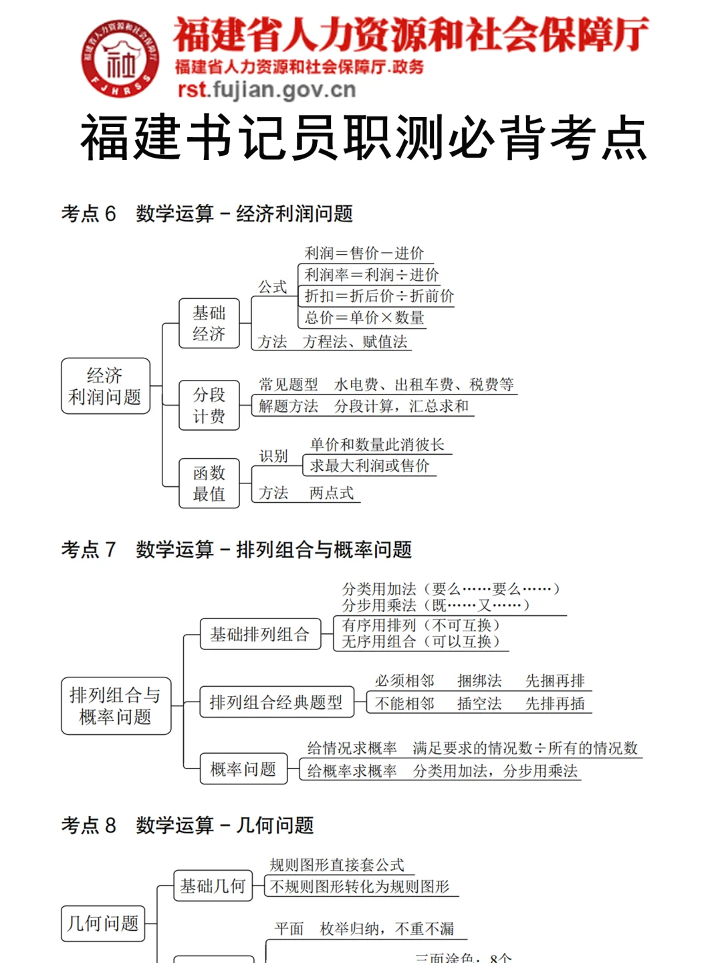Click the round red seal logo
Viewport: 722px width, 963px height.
tap(120, 58)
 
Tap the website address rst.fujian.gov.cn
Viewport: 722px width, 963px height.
tap(266, 90)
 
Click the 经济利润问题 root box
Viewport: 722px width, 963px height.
tap(105, 386)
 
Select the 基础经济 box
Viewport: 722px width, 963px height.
tap(209, 323)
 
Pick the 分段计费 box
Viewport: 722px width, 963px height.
tap(209, 405)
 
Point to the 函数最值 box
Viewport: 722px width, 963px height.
tap(209, 483)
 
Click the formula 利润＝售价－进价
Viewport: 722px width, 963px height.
tap(364, 253)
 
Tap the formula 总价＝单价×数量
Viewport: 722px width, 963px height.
tap(364, 318)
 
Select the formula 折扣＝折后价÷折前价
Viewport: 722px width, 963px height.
tap(379, 296)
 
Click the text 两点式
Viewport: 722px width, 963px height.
tap(332, 494)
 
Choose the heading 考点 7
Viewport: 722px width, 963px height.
tap(88, 550)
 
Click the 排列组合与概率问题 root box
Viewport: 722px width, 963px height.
tap(116, 706)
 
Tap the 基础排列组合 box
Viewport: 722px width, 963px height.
tap(259, 634)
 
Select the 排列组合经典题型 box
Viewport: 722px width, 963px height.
tap(275, 702)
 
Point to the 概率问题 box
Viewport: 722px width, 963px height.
tap(243, 769)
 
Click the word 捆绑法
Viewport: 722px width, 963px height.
tap(479, 681)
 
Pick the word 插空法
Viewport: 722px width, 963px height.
tap(479, 704)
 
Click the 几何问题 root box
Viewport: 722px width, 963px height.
tap(103, 924)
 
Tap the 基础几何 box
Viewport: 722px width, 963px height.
tap(213, 886)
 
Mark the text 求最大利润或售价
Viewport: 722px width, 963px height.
tap(369, 466)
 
